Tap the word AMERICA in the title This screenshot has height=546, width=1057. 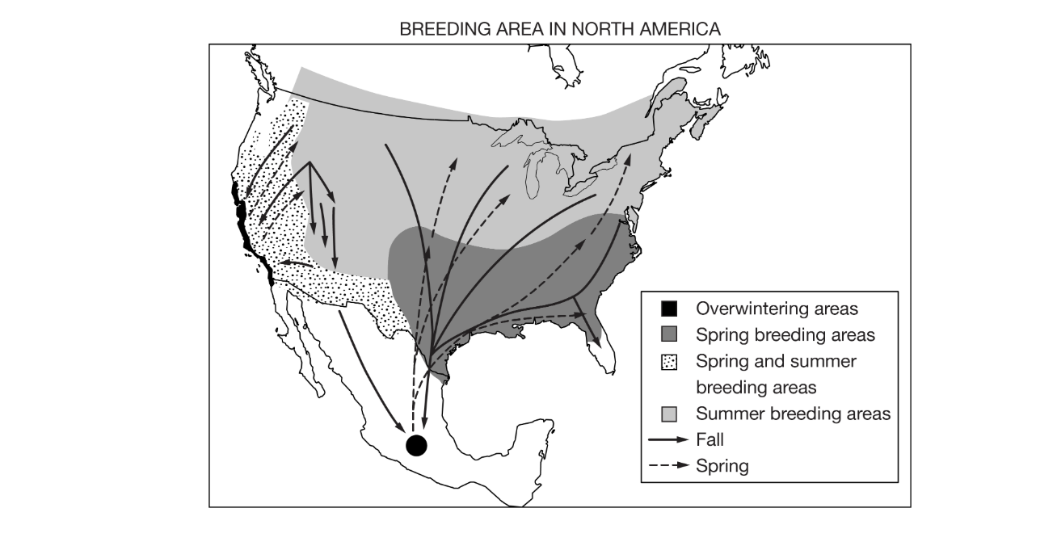coord(679,31)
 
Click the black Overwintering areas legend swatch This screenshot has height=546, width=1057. coord(668,309)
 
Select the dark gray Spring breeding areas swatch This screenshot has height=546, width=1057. coord(668,334)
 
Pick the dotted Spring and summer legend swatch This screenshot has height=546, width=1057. coord(668,362)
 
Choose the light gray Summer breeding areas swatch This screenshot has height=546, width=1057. coord(668,414)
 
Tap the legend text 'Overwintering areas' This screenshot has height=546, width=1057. coord(777,309)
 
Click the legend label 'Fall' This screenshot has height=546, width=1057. coord(710,440)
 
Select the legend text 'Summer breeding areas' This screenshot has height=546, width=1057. coord(793,414)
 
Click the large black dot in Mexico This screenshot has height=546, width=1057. coord(416,443)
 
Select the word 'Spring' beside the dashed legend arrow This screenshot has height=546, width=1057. coord(722,466)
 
